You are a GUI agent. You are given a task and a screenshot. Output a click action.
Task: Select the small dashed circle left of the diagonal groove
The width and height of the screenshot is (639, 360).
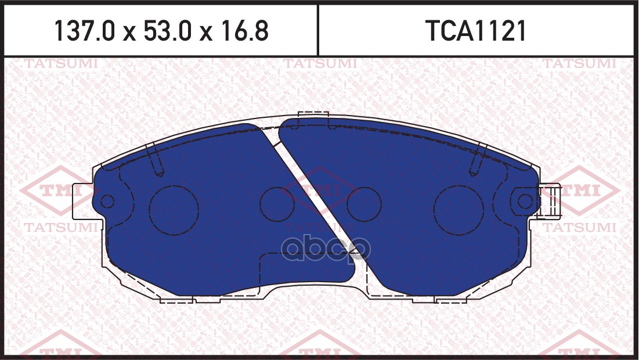(x=276, y=204)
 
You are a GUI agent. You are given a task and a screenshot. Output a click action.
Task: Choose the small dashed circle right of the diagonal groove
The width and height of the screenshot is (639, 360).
(x=363, y=204)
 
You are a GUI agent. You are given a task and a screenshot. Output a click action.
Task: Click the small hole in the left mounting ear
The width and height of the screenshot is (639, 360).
(x=107, y=201)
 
